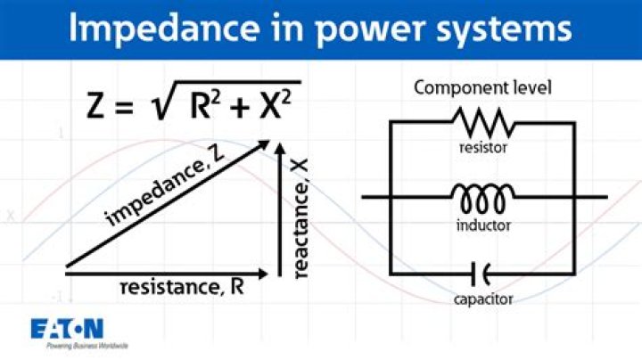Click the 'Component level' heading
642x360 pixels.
pos(483,88)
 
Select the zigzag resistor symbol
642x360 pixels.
pos(483,120)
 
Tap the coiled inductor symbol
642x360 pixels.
pos(483,194)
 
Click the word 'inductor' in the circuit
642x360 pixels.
pos(483,225)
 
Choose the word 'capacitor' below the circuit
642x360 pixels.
pos(483,299)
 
